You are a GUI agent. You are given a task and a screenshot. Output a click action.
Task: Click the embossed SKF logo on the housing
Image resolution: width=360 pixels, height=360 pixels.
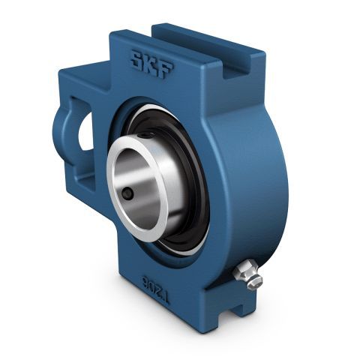(153, 64)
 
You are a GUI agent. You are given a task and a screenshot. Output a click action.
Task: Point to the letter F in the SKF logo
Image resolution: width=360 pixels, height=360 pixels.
(167, 69)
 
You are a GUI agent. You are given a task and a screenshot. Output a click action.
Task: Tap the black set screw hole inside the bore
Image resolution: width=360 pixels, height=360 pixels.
(127, 193)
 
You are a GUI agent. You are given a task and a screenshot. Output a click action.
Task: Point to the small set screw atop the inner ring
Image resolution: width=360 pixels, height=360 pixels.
(145, 136)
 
